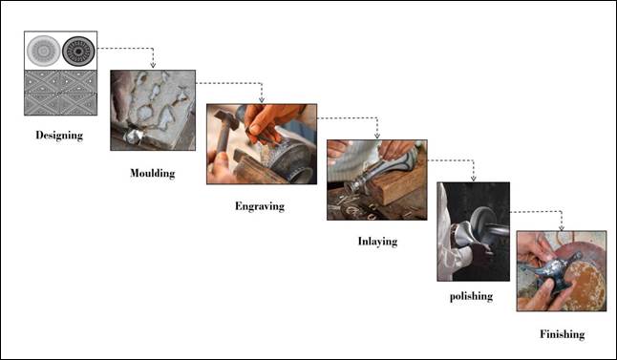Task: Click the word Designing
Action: tap(59, 136)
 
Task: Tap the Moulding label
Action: tap(153, 174)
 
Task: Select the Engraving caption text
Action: tap(260, 206)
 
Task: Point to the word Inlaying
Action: tap(376, 242)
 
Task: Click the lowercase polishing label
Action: tap(471, 296)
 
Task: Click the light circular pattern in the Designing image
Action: tap(42, 50)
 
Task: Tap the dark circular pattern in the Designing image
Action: tap(79, 50)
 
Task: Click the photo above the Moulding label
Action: tap(153, 110)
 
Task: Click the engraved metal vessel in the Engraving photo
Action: tap(287, 158)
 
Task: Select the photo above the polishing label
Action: tap(473, 231)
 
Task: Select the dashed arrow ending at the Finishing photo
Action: tap(561, 225)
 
